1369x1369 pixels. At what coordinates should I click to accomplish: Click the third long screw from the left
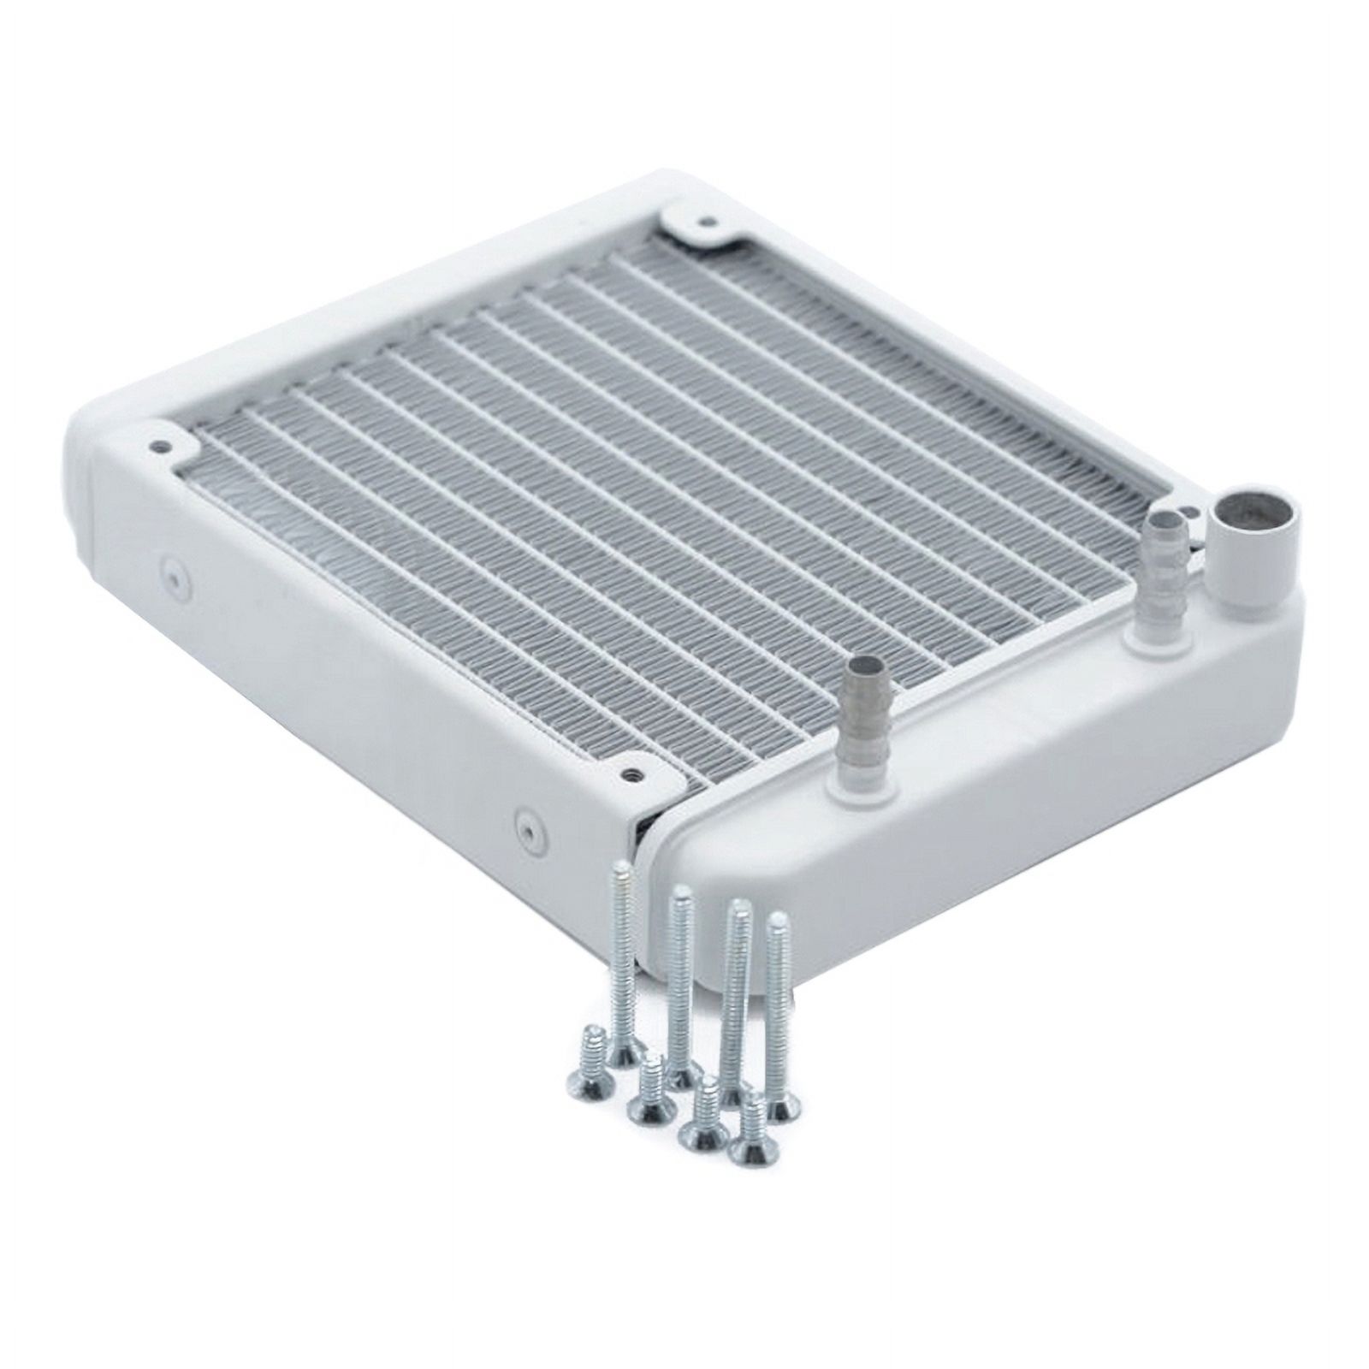[x=734, y=1001]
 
